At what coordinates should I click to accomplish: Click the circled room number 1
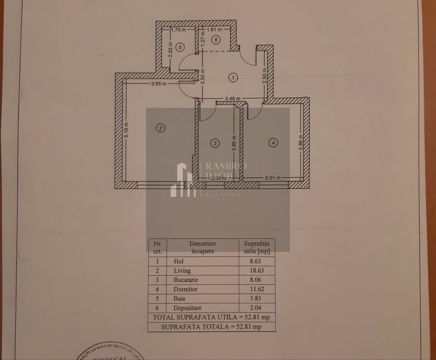(x=234, y=78)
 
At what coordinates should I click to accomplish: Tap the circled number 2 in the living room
(x=161, y=128)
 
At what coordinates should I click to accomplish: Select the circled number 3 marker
(x=214, y=143)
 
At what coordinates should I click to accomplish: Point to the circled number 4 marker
(x=273, y=142)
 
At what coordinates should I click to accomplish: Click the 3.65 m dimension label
(x=158, y=84)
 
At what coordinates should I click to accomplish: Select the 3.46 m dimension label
(x=232, y=99)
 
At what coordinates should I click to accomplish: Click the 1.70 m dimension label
(x=178, y=31)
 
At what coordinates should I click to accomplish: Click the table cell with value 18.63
(x=257, y=271)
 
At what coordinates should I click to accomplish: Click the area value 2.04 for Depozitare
(x=257, y=308)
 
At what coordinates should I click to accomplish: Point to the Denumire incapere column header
(x=203, y=247)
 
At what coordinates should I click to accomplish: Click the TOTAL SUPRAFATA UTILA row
(x=211, y=317)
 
